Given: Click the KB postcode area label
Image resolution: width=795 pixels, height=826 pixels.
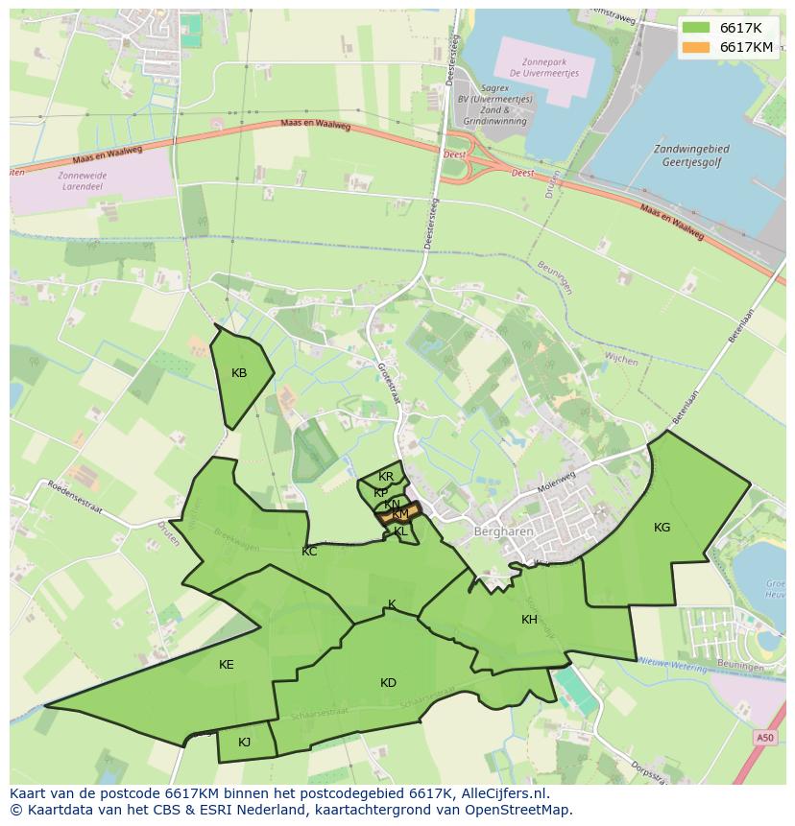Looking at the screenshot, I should pyautogui.click(x=239, y=373).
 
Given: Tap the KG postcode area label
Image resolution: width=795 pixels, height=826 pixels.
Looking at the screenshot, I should pyautogui.click(x=662, y=527).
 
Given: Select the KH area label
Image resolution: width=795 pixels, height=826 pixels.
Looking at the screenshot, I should pyautogui.click(x=529, y=620).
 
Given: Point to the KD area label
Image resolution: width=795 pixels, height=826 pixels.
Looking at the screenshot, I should pyautogui.click(x=388, y=683).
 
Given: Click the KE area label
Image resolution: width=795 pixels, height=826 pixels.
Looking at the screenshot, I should pyautogui.click(x=226, y=665).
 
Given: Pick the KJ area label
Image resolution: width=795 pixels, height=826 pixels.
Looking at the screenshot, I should pyautogui.click(x=244, y=742).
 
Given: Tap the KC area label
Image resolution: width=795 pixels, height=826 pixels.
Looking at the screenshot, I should pyautogui.click(x=309, y=552).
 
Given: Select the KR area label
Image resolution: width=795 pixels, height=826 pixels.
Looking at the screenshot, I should pyautogui.click(x=386, y=477).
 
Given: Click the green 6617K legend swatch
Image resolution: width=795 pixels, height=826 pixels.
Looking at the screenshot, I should pyautogui.click(x=696, y=28).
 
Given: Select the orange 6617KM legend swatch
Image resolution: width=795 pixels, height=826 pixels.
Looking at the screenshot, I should pyautogui.click(x=696, y=47).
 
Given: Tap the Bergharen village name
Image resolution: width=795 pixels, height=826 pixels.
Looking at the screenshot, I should pyautogui.click(x=497, y=531).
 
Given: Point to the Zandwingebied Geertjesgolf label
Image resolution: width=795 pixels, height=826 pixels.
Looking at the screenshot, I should pyautogui.click(x=690, y=156).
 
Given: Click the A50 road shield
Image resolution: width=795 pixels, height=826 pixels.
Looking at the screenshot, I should pyautogui.click(x=764, y=737).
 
